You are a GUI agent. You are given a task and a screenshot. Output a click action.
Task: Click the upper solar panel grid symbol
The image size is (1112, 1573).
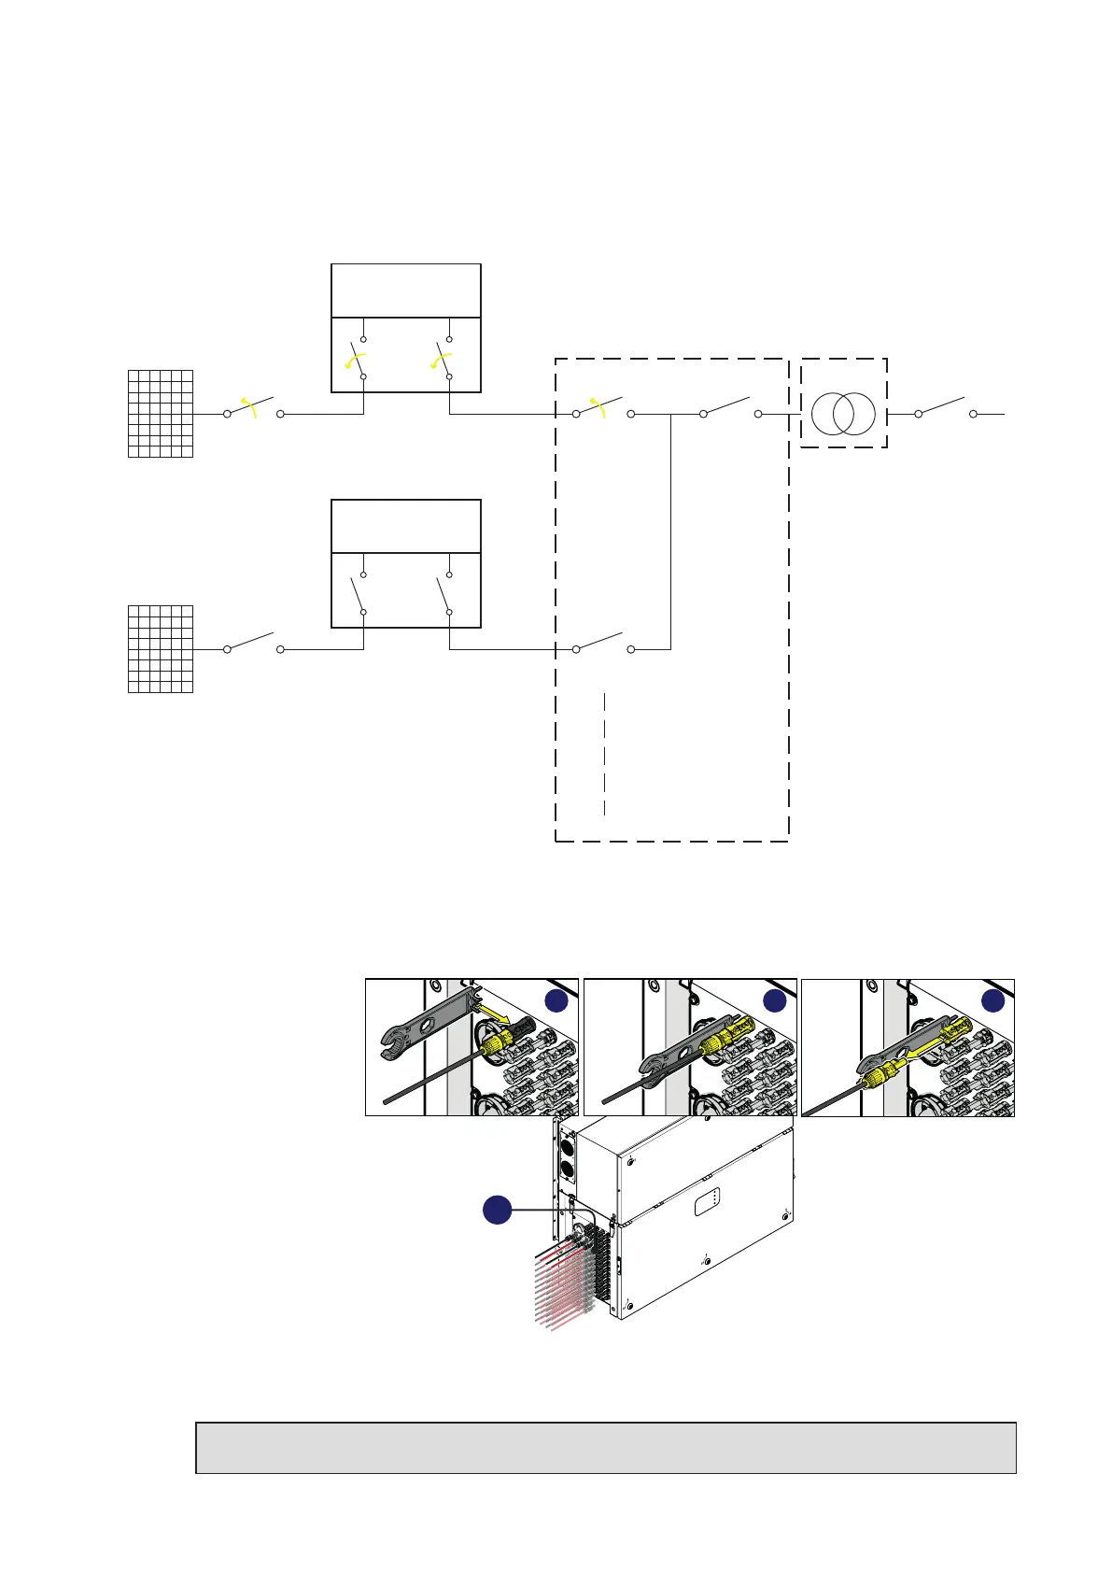click(161, 414)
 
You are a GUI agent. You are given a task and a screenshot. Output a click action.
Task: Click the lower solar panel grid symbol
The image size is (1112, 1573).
click(161, 649)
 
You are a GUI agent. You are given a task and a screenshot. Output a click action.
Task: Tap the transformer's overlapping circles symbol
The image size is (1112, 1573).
click(843, 413)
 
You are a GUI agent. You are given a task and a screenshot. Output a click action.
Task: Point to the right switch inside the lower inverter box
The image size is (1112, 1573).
click(444, 593)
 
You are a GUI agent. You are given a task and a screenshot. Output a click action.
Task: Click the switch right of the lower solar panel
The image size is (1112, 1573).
click(253, 643)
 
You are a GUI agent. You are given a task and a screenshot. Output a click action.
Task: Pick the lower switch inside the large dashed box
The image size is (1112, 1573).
click(602, 643)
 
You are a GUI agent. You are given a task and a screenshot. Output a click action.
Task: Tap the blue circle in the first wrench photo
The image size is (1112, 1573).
click(556, 1000)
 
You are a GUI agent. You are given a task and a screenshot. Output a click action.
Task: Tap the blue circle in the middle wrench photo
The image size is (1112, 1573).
click(775, 1000)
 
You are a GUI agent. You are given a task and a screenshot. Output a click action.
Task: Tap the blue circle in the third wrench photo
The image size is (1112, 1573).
click(992, 1000)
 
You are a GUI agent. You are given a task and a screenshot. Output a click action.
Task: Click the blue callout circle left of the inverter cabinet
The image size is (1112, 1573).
click(497, 1210)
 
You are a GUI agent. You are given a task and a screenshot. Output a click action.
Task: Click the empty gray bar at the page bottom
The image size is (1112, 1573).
click(605, 1448)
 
